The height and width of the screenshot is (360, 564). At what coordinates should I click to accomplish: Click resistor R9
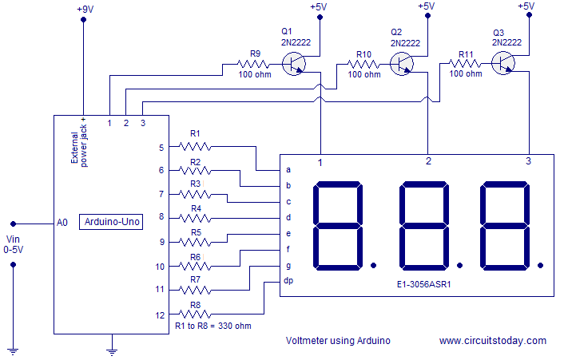pos(255,63)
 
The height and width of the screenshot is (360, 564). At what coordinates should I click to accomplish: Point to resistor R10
pos(363,63)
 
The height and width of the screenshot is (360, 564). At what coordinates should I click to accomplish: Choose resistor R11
pos(465,61)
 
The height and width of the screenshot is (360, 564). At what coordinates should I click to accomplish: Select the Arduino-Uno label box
pos(110,223)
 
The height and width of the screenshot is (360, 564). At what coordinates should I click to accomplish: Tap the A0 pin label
pos(63,223)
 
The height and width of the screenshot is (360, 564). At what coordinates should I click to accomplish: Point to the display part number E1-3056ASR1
pos(424,283)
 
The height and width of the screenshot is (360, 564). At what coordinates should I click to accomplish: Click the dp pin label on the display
pos(288,281)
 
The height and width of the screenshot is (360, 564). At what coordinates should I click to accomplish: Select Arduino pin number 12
pos(160,315)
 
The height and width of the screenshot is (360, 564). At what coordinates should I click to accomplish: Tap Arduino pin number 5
pos(161,148)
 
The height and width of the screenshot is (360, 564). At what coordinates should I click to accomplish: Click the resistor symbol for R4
pos(195,217)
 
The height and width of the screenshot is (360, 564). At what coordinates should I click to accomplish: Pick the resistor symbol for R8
pos(195,314)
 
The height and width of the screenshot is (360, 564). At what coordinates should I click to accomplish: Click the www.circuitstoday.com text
pos(492,340)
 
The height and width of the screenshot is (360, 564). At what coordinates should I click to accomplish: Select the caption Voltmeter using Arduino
pos(338,340)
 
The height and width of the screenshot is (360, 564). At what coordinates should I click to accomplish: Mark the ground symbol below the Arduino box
pos(112,347)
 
